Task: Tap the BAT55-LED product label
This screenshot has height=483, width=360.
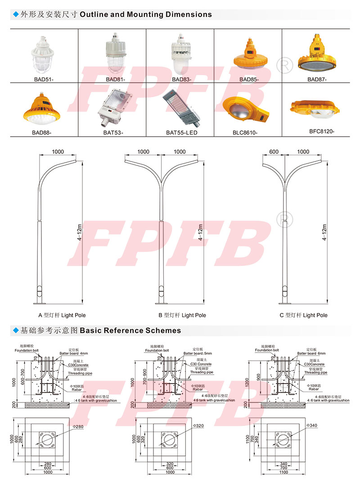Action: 181,133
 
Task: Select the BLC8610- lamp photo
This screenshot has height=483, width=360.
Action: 246,109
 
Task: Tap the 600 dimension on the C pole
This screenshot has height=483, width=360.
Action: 274,152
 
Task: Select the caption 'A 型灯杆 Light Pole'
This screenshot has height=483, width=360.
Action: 62,315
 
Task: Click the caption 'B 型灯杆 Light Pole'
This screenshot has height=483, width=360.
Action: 182,315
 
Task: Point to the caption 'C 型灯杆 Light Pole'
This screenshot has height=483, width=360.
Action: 303,315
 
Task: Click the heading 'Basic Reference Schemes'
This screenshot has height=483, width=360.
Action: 130,331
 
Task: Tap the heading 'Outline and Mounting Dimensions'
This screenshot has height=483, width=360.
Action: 146,14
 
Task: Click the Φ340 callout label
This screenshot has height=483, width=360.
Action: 312,425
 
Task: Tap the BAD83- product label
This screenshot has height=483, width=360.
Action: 181,80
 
